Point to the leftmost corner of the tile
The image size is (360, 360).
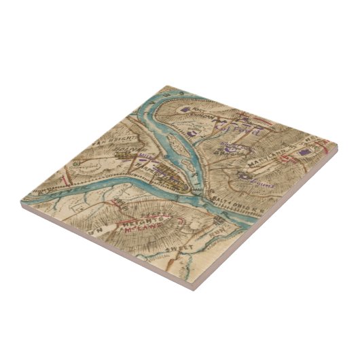(20, 201)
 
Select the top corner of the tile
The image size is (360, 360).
(164, 86)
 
